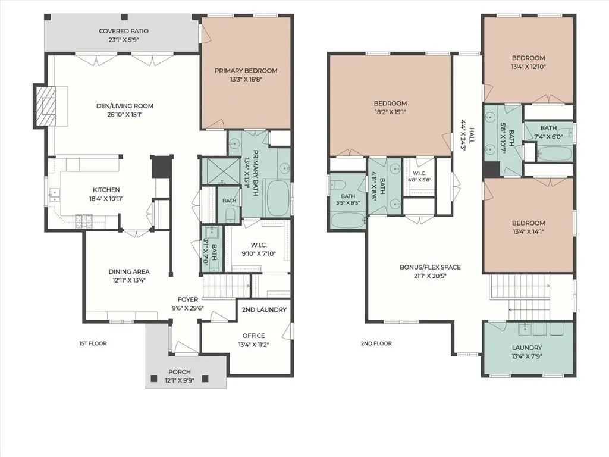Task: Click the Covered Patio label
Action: pos(124,31)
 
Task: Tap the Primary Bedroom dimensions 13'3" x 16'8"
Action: pos(246,80)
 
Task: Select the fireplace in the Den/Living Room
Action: pos(46,106)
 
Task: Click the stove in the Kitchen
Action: pos(84,221)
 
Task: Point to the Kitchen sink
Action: pos(55,195)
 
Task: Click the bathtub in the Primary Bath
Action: pos(277,198)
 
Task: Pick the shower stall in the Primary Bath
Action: pos(221,171)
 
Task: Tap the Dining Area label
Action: pos(129,271)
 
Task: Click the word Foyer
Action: pos(188,299)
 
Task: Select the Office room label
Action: pos(253,336)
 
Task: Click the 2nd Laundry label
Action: pos(264,309)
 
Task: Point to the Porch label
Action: pos(180,372)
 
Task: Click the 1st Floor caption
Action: pos(93,343)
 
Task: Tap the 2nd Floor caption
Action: pos(376,343)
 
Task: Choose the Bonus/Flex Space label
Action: pos(430,267)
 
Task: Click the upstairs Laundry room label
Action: pos(527,348)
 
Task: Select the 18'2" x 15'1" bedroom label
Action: pos(390,108)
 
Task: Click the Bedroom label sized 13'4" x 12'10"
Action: pos(528,62)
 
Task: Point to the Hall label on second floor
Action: pos(472,135)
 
